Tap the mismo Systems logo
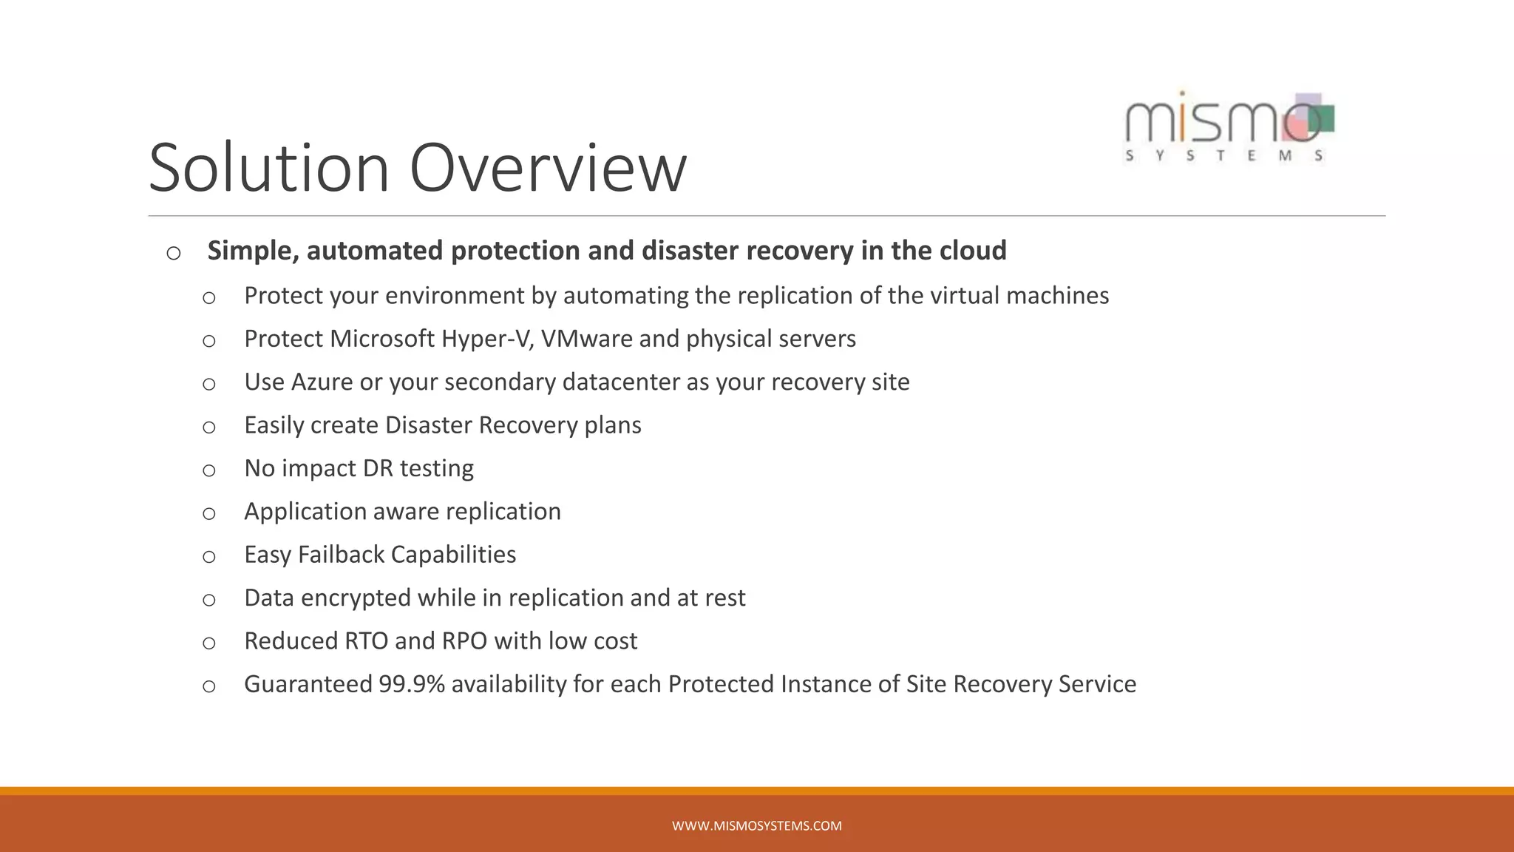pos(1229,127)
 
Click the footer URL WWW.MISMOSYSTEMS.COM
pos(756,826)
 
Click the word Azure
pos(322,382)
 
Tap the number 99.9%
pos(411,684)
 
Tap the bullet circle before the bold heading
pos(174,254)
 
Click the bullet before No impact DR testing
pos(209,470)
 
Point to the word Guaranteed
pos(308,684)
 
